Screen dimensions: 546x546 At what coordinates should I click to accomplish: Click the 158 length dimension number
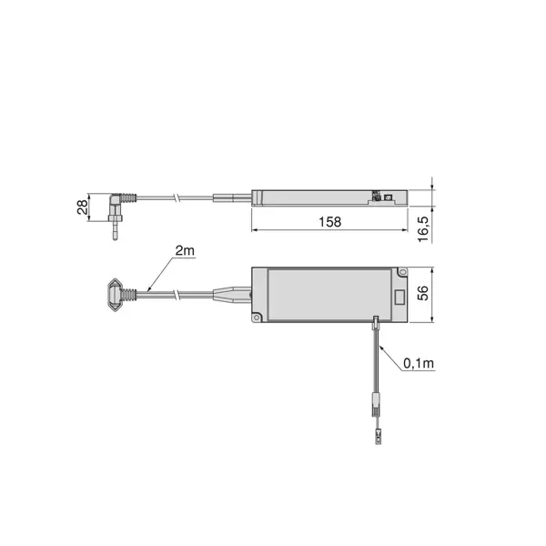point(329,222)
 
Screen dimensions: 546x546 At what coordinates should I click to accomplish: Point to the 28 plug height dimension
point(83,207)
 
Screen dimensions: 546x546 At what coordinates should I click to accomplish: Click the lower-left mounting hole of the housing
point(258,318)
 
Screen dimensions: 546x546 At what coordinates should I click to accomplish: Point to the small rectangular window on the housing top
point(399,297)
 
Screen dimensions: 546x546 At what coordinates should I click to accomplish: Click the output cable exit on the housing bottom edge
point(375,320)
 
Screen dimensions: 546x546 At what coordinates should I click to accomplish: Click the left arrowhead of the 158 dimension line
point(255,230)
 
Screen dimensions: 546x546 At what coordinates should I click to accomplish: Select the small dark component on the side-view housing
point(379,194)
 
